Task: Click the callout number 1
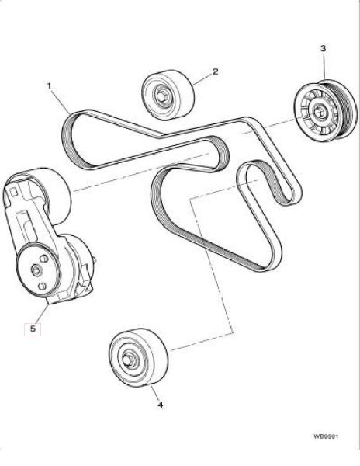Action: [x=49, y=86]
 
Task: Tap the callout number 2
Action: [x=216, y=71]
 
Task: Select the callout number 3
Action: [x=324, y=48]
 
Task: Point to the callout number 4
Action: [x=161, y=405]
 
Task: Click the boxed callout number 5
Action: [x=33, y=329]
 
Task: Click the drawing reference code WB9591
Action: [x=326, y=436]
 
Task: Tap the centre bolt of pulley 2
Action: [x=162, y=96]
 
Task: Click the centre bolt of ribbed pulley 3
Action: [x=318, y=111]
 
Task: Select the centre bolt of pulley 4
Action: [x=126, y=359]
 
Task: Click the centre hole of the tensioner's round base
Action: [x=36, y=270]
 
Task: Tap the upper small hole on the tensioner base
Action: [x=44, y=259]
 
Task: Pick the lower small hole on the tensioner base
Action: [x=42, y=286]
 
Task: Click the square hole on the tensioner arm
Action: [x=12, y=192]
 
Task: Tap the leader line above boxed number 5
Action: [x=43, y=313]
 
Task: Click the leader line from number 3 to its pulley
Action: [x=324, y=66]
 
